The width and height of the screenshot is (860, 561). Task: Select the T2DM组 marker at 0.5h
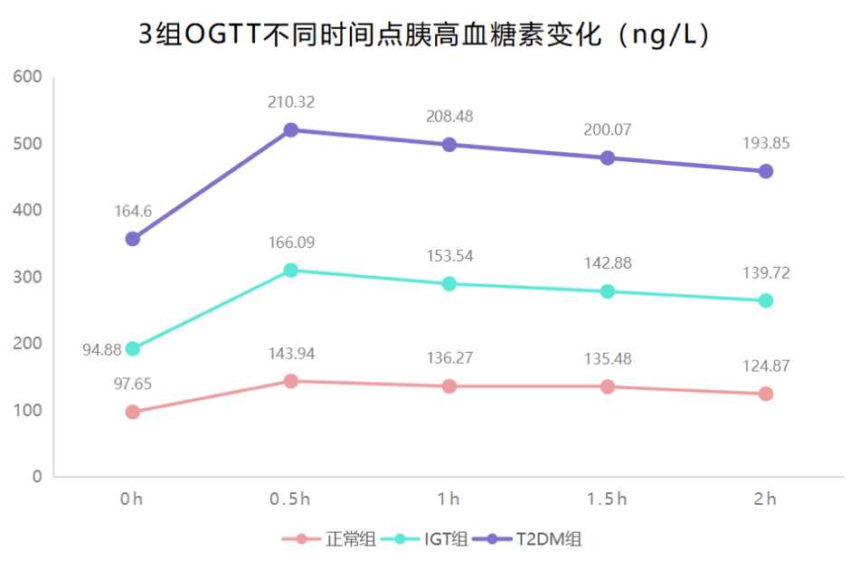click(x=291, y=130)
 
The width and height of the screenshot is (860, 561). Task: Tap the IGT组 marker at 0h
click(x=133, y=348)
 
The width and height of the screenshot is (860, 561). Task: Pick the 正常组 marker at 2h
click(x=766, y=394)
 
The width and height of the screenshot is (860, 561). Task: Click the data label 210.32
click(x=291, y=102)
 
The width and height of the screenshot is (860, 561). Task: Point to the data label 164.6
click(x=133, y=212)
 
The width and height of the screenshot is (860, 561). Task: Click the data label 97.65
click(x=133, y=385)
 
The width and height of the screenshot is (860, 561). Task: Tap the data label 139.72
click(x=766, y=273)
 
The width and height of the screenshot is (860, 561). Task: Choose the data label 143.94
click(x=291, y=354)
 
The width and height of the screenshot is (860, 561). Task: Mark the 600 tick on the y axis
click(x=30, y=77)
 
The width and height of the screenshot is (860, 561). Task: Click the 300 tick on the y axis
click(x=30, y=277)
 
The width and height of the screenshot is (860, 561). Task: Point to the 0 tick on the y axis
click(x=37, y=477)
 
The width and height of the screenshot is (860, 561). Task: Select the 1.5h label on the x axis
click(x=608, y=499)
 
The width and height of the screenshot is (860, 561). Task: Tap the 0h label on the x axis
click(x=133, y=499)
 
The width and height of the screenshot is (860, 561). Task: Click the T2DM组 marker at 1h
click(x=449, y=145)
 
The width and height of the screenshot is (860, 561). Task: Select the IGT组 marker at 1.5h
click(x=608, y=291)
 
